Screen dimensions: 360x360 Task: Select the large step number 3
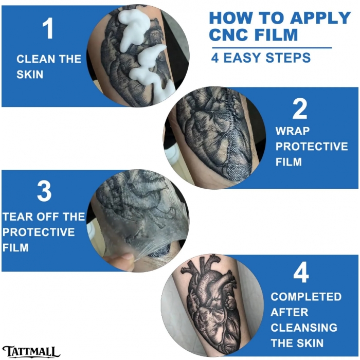tap(44, 191)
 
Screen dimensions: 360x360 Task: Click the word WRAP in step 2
tap(293, 131)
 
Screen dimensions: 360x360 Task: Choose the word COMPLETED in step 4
tap(306, 297)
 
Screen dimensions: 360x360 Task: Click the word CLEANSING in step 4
tap(304, 328)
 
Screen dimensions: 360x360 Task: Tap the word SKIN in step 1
tap(30, 75)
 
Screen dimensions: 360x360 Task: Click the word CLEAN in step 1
tap(33, 59)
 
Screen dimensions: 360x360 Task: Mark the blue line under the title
tap(272, 48)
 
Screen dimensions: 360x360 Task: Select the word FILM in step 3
tap(15, 248)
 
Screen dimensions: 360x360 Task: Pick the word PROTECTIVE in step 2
tap(312, 147)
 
